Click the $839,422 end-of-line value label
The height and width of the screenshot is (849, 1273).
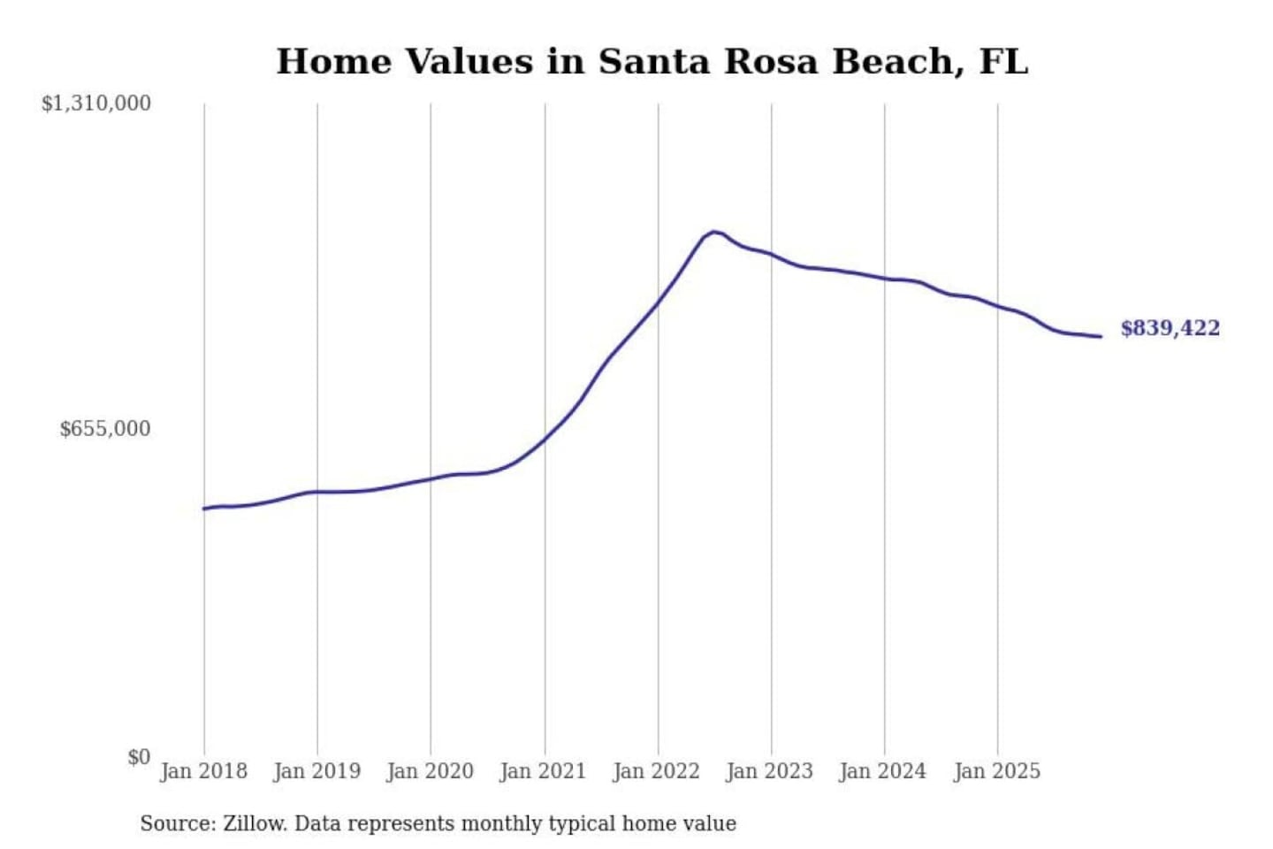[1170, 328]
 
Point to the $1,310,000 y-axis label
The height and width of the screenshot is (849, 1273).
[96, 103]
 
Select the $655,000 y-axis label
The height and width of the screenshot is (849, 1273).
[105, 429]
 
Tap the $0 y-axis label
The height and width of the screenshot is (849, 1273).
[139, 757]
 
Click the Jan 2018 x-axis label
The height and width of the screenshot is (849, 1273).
[204, 771]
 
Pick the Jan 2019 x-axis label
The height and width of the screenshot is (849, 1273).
[317, 771]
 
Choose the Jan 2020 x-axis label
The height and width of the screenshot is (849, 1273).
[431, 771]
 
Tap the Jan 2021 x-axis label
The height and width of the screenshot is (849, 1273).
[544, 771]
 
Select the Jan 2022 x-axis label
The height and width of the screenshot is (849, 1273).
[657, 771]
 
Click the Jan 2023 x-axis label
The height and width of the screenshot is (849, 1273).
[770, 771]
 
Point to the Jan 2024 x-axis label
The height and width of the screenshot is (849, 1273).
[883, 771]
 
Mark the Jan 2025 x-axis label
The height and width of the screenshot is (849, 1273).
[997, 771]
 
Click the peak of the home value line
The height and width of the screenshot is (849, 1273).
[713, 232]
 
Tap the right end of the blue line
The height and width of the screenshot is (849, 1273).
[1101, 336]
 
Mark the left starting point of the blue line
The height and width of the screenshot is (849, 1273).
[204, 509]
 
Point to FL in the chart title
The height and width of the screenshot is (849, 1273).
[1004, 61]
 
